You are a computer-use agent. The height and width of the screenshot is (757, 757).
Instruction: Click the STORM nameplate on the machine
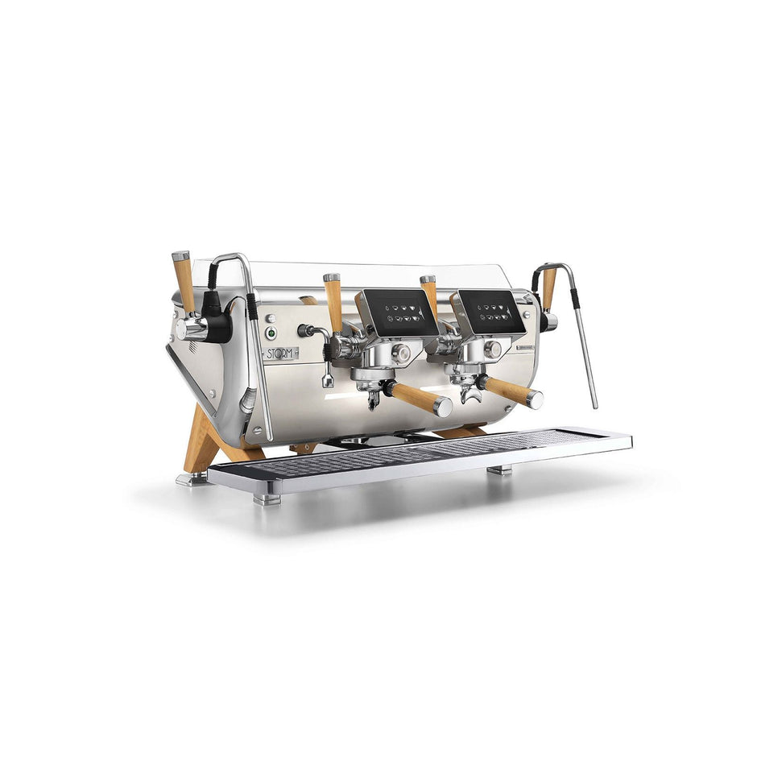point(280,353)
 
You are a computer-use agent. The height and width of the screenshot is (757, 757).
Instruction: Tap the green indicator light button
point(272,332)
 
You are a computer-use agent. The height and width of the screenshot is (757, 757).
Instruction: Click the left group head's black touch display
point(399,312)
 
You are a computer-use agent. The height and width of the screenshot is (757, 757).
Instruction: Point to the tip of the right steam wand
point(595,405)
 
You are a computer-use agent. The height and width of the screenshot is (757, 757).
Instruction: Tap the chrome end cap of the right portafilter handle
point(535,399)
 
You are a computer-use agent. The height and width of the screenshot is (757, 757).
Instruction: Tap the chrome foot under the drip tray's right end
point(499,469)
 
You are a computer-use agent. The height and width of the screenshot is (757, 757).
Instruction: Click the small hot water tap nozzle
point(328,381)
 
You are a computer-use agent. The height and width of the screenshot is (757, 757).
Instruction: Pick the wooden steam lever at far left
point(184,282)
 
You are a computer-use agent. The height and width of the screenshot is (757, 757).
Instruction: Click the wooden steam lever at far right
point(549,288)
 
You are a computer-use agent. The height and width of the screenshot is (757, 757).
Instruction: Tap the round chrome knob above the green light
point(271,318)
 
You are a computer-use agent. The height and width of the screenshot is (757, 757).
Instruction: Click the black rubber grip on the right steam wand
point(575,300)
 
